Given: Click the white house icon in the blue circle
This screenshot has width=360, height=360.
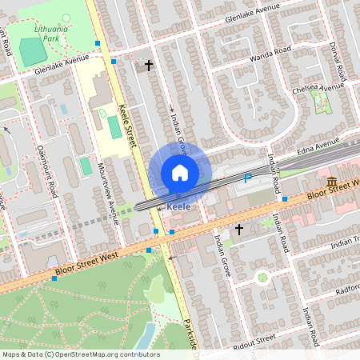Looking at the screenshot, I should (180, 173).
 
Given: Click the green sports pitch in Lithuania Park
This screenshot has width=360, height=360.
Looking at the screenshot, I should (33, 53).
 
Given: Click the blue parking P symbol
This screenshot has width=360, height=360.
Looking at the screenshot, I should (247, 178).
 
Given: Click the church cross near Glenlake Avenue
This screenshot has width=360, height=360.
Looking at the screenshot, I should (148, 65).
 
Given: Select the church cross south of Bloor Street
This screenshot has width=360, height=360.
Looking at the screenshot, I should (238, 230).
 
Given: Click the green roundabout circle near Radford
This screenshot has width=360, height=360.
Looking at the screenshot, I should (262, 278).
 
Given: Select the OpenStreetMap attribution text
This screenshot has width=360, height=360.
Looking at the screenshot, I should (80, 354).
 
